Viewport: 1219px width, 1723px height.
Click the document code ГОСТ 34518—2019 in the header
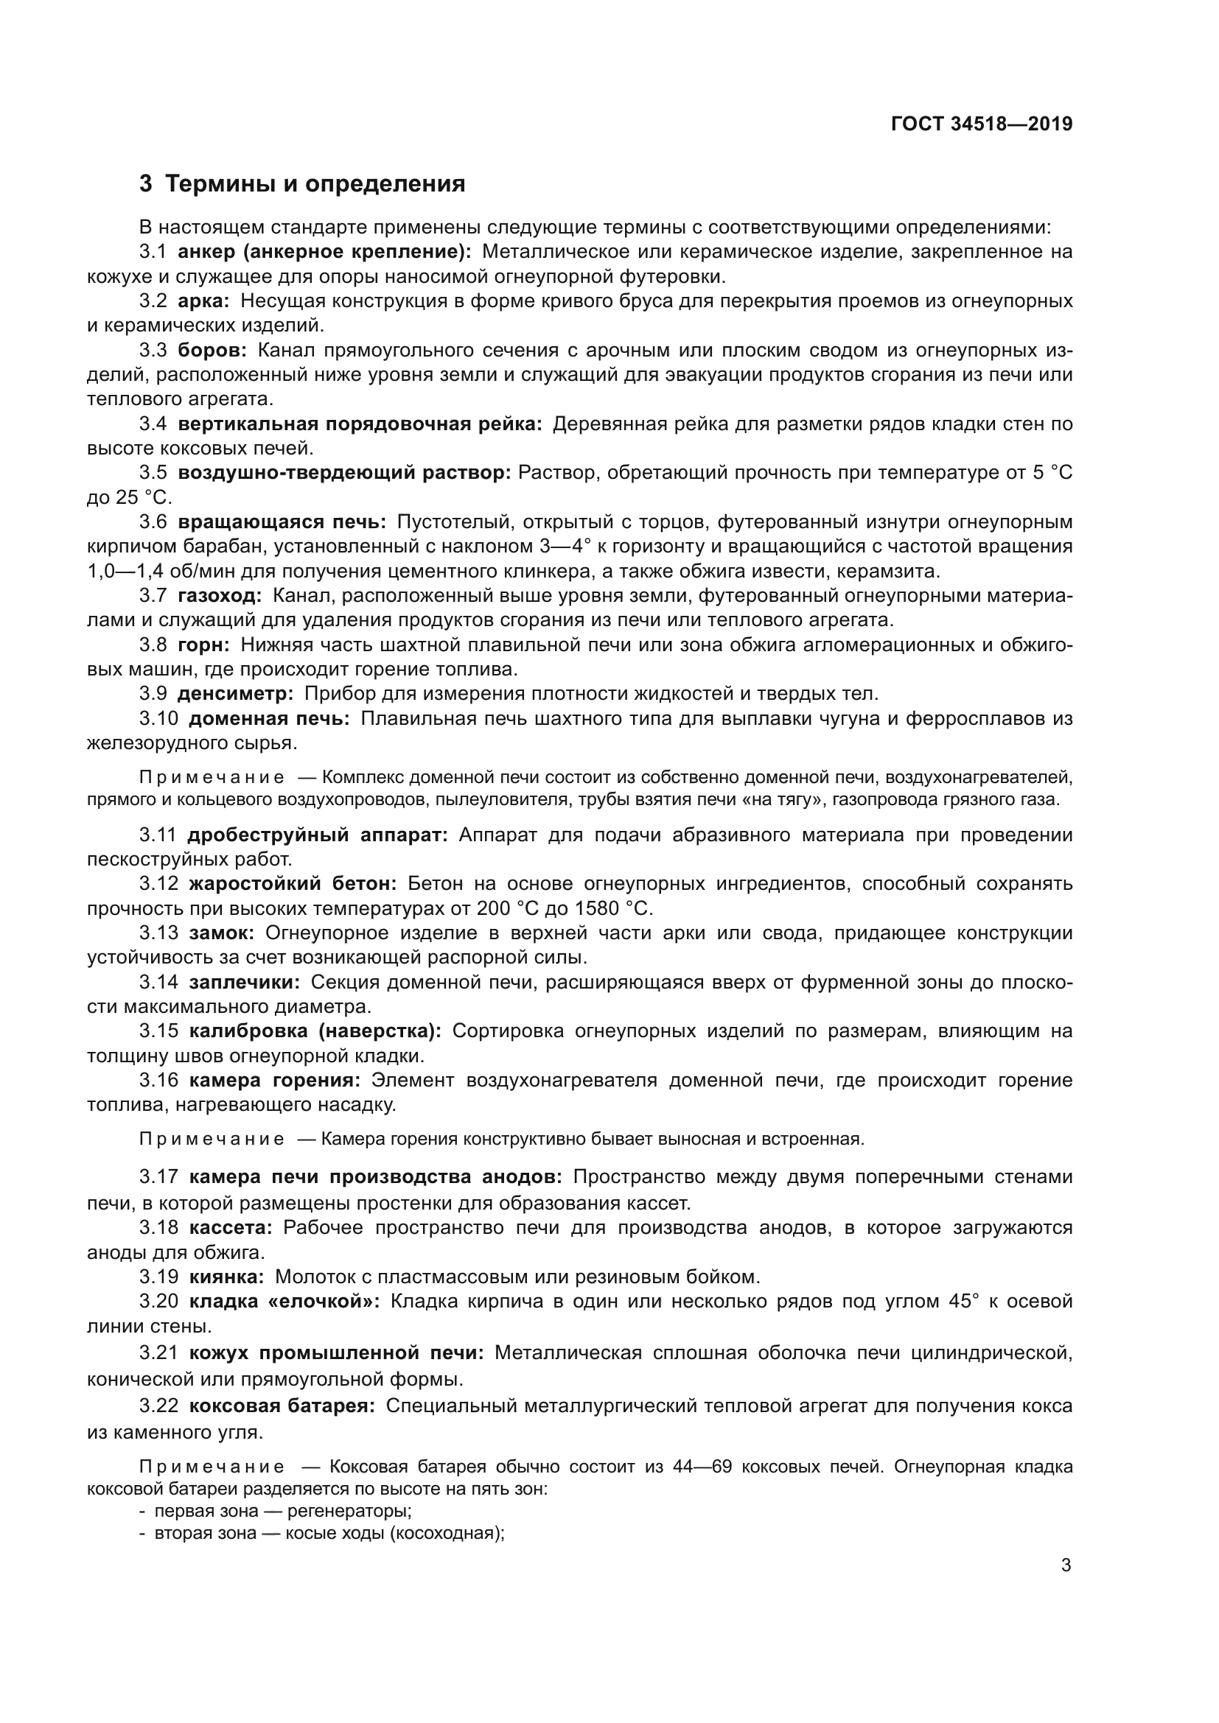(x=982, y=124)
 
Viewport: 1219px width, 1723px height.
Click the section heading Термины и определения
(x=315, y=184)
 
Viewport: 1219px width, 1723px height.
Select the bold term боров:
(x=212, y=351)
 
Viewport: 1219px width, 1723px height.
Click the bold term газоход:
(x=220, y=596)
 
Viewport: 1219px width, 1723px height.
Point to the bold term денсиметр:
(x=236, y=694)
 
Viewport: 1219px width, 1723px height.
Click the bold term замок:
(x=221, y=933)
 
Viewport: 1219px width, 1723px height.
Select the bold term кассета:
(x=231, y=1228)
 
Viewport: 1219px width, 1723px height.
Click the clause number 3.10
(x=158, y=719)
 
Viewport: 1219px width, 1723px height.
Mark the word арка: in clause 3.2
(x=204, y=302)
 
